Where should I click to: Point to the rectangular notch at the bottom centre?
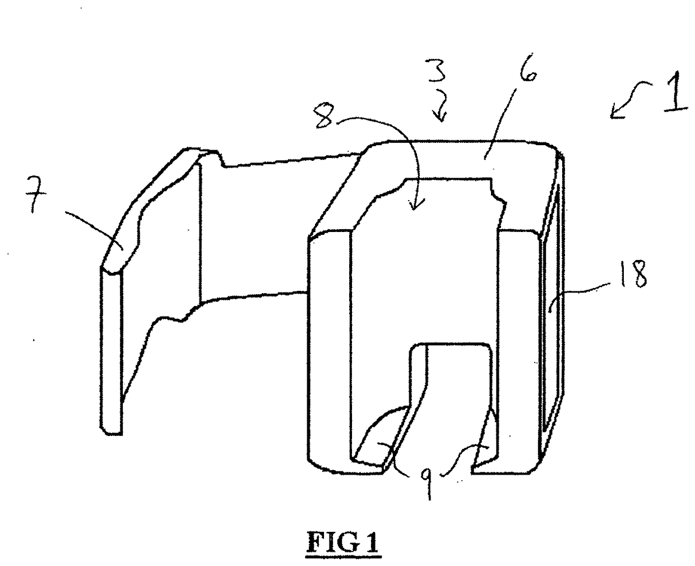pyautogui.click(x=454, y=392)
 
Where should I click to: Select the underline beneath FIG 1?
pyautogui.click(x=343, y=556)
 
